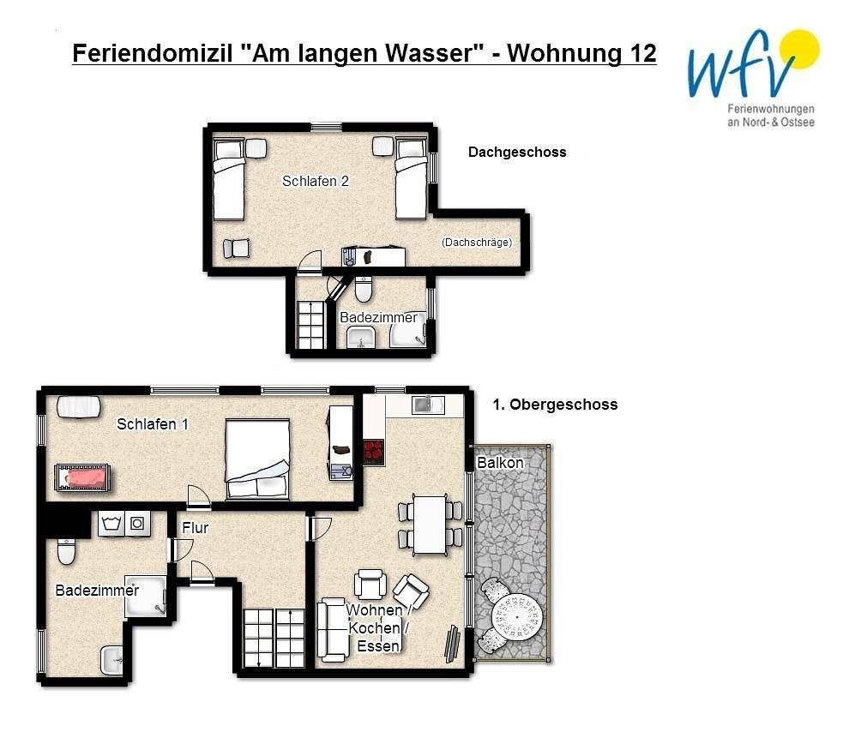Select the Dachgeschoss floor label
click(516, 153)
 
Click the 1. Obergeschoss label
click(555, 405)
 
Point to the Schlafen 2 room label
click(316, 182)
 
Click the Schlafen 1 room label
click(153, 424)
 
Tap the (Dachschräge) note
click(477, 243)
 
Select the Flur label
click(195, 528)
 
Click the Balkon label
click(500, 463)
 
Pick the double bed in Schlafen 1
click(257, 459)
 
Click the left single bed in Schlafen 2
click(228, 180)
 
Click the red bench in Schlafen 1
click(81, 477)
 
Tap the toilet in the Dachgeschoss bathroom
click(363, 291)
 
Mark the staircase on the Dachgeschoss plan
click(310, 325)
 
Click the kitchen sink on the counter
click(424, 405)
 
